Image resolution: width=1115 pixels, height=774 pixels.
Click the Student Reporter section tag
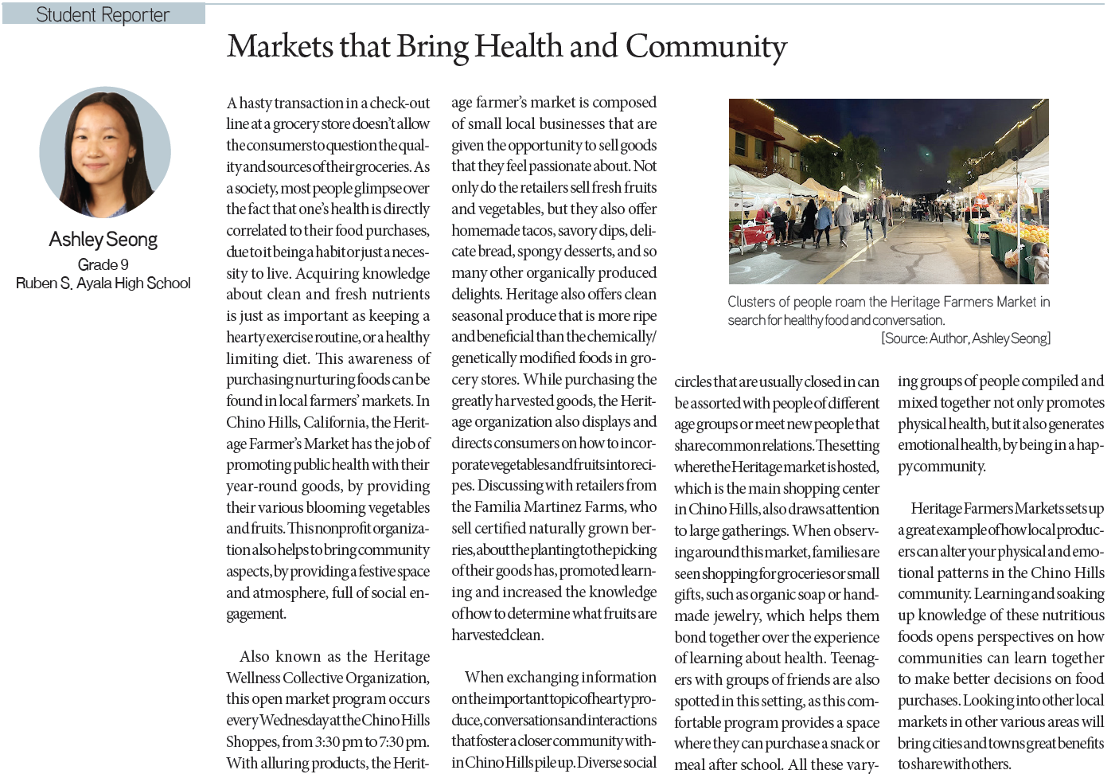(103, 14)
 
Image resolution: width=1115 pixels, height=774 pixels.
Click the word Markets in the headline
(280, 46)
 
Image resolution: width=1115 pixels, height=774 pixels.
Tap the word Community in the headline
(706, 47)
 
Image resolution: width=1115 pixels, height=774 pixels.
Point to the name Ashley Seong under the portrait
(103, 240)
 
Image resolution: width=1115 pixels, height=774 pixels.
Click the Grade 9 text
(103, 264)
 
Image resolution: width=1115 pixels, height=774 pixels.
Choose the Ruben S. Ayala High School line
(103, 283)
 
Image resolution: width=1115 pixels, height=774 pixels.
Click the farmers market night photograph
(888, 191)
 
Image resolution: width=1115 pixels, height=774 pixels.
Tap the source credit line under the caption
(965, 338)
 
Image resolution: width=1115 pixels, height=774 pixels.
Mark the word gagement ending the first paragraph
(255, 614)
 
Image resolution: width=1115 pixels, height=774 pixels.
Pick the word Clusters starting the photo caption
(751, 302)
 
